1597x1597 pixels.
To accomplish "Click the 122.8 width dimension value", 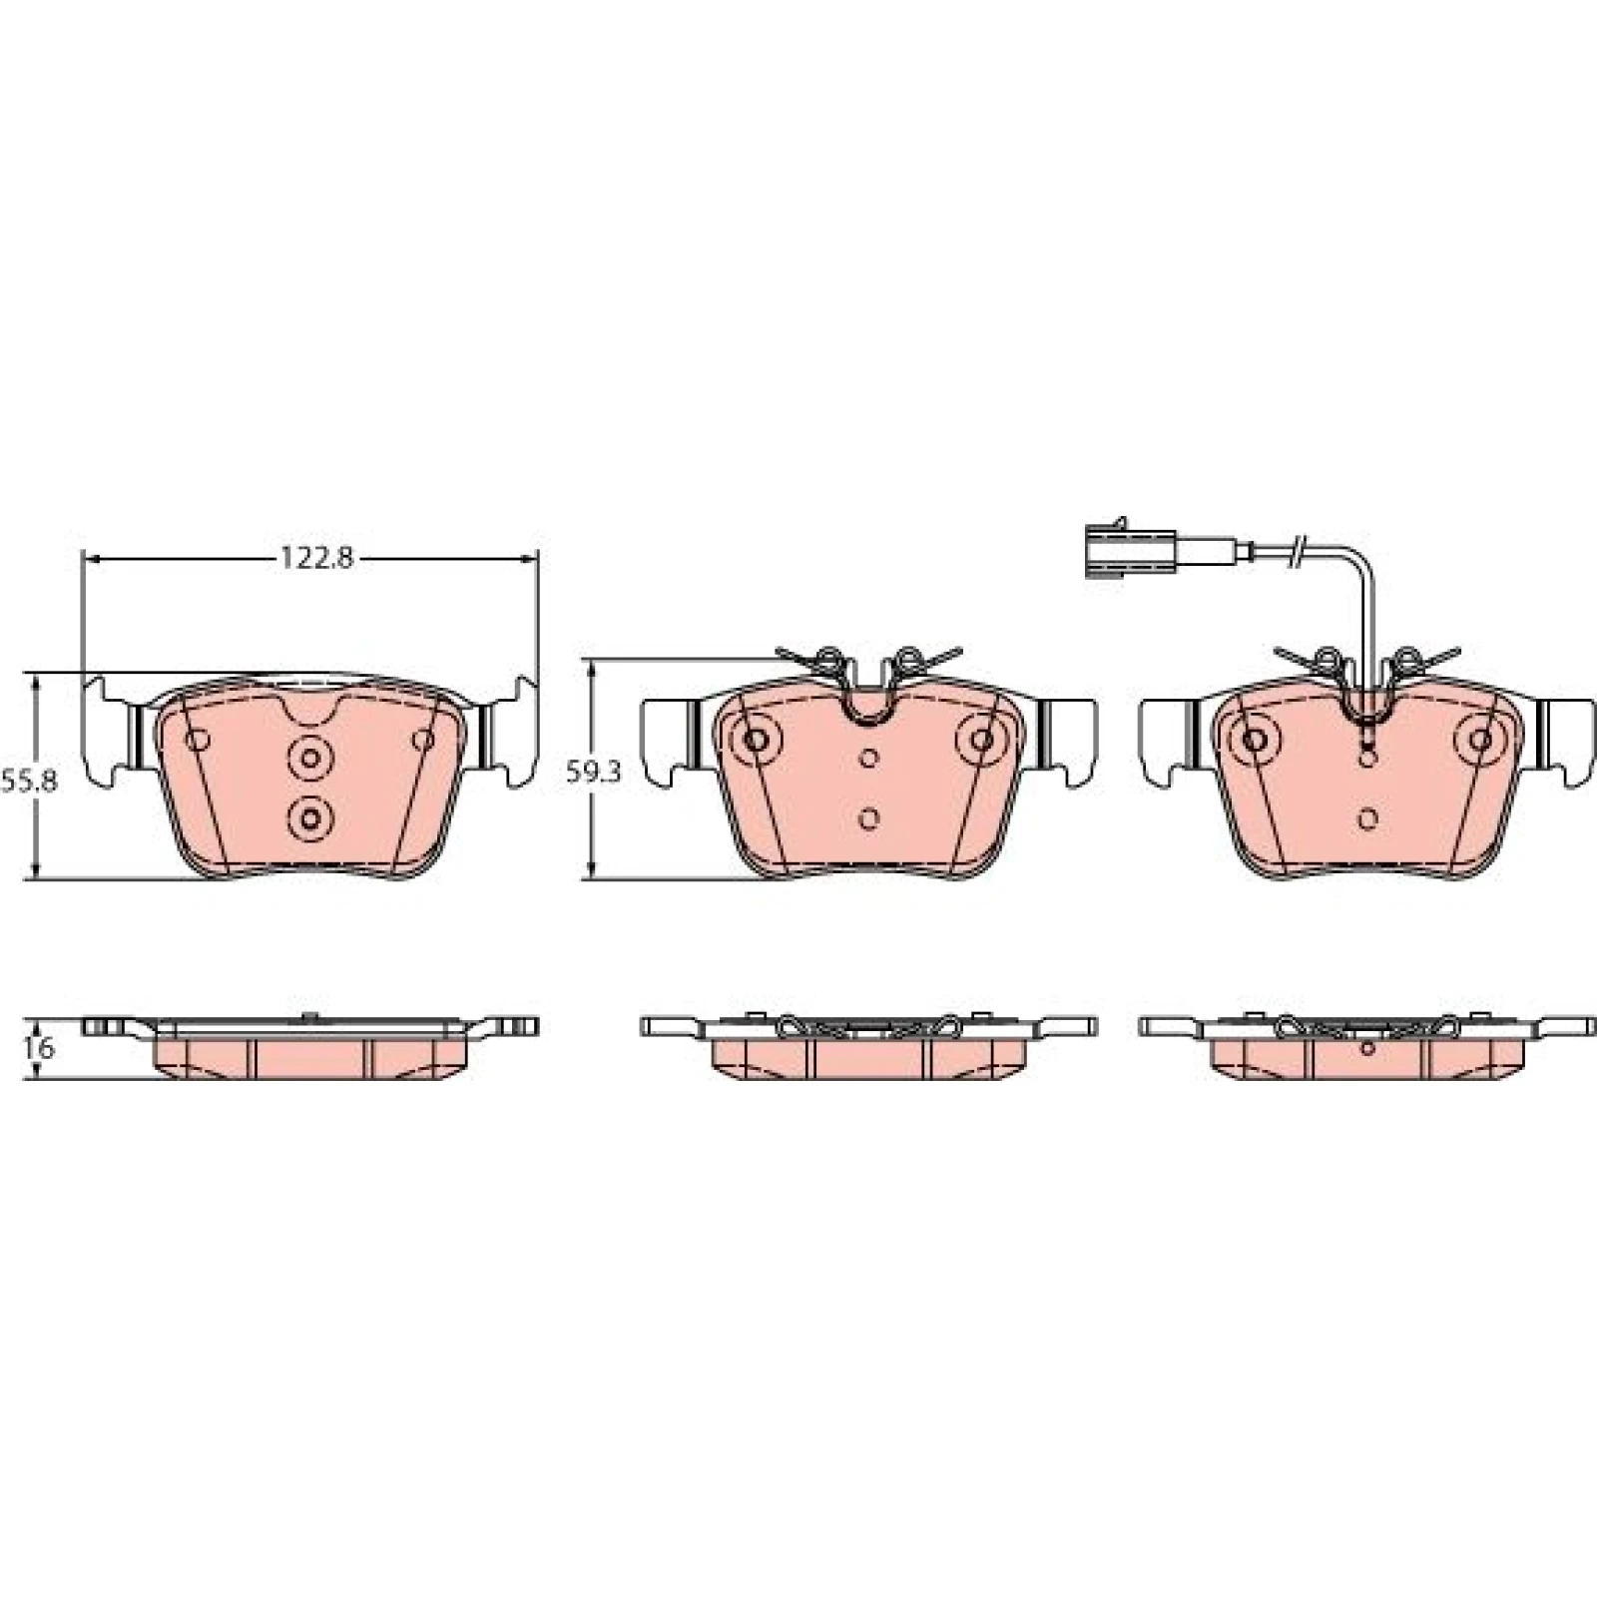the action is tap(315, 558).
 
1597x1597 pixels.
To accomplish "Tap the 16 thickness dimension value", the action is tap(41, 1049).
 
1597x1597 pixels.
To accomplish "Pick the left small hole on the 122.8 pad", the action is tap(197, 740).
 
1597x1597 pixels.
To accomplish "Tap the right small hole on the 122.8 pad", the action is tap(423, 740).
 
